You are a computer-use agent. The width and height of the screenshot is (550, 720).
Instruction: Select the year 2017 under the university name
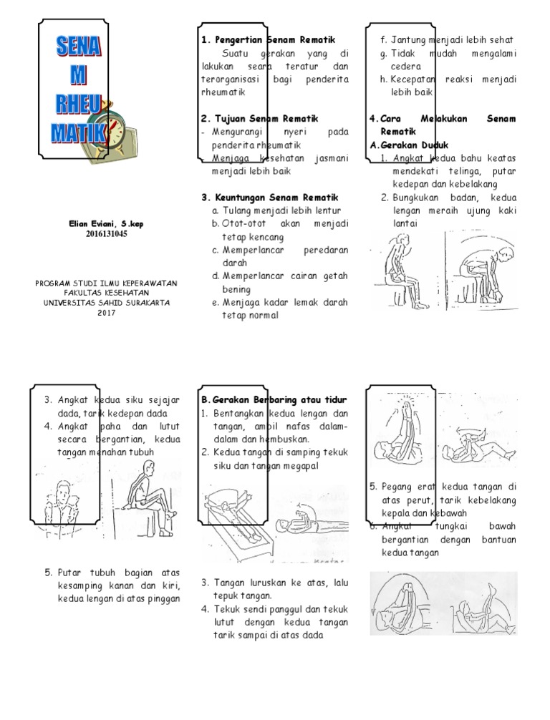106,313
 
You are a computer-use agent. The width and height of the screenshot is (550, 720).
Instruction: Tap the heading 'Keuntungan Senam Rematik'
274,197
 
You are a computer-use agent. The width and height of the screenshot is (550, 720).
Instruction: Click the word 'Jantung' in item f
410,39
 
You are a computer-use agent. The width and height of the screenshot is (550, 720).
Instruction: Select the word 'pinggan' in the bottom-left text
164,598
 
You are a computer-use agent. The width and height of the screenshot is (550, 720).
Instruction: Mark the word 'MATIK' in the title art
77,132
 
